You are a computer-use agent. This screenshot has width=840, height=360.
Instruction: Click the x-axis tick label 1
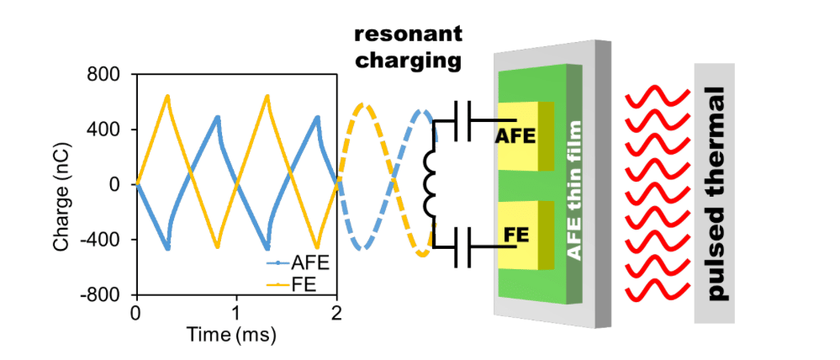(x=236, y=311)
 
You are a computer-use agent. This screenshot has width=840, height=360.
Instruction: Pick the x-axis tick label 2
(x=337, y=311)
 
